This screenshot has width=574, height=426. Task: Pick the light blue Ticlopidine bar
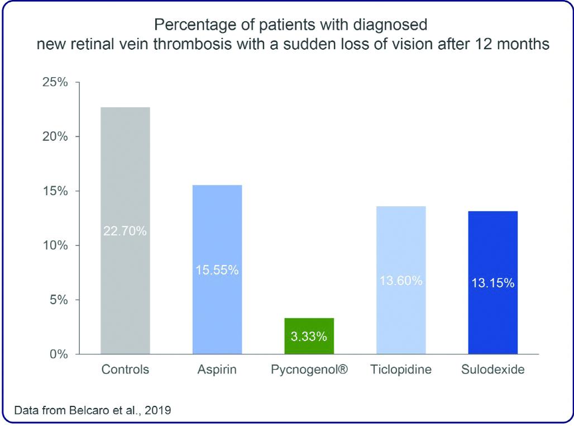[x=401, y=246]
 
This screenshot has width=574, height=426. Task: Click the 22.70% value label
[x=125, y=230]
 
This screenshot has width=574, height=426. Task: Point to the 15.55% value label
[x=217, y=270]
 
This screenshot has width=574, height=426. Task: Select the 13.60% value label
[x=401, y=281]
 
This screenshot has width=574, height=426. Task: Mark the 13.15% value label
[x=493, y=283]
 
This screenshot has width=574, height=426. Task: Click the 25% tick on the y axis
[x=55, y=83]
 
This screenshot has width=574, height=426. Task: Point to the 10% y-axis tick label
[x=55, y=245]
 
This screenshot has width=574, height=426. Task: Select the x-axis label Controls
[x=125, y=370]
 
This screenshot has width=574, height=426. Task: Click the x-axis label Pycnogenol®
[x=309, y=370]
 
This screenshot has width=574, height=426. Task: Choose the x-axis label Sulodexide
[x=493, y=370]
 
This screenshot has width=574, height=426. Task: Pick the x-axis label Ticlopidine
[x=401, y=370]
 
